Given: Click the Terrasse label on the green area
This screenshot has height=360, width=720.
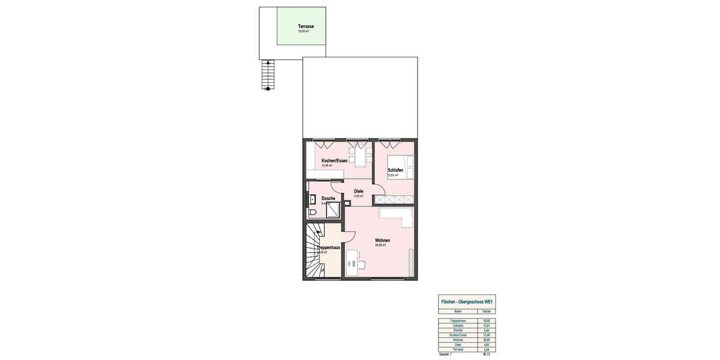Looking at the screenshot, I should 306,26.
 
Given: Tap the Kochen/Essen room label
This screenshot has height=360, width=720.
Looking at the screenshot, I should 334,161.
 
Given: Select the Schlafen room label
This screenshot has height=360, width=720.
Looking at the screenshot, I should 395,170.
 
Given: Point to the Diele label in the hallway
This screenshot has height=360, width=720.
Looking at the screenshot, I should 359,191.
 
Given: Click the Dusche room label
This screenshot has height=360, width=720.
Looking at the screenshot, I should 328,199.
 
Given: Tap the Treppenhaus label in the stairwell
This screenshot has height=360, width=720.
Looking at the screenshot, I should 329,247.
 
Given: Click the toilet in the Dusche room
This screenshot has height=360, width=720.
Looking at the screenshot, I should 313,213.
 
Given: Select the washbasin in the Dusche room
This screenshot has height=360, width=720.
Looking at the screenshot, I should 312,200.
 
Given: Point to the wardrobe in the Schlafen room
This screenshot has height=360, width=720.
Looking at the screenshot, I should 394,199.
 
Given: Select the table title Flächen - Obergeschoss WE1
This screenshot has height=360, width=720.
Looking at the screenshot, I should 467,302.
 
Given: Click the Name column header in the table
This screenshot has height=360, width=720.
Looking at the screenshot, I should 458,312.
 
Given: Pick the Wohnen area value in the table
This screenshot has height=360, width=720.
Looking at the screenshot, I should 487,340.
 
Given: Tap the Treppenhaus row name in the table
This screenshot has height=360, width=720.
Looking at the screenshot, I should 458,321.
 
